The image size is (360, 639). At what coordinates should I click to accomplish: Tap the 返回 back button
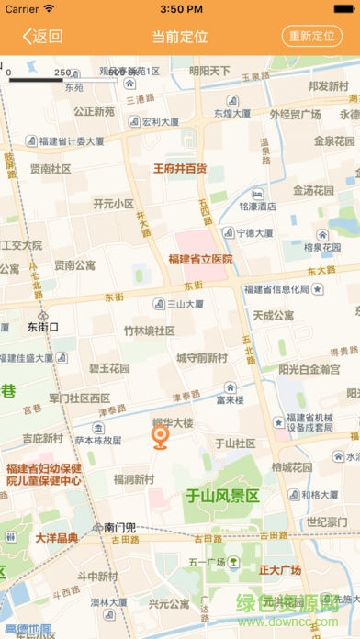pyautogui.click(x=42, y=37)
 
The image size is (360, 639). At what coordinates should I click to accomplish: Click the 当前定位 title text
pyautogui.click(x=180, y=37)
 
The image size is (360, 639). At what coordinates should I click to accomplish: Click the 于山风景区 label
pyautogui.click(x=223, y=497)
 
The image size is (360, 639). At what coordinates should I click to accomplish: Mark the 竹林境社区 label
pyautogui.click(x=150, y=331)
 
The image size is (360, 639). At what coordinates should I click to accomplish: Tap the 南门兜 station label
pyautogui.click(x=119, y=528)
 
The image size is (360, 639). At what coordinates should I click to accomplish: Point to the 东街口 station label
pyautogui.click(x=42, y=326)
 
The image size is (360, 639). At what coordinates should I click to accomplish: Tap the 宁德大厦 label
pyautogui.click(x=257, y=232)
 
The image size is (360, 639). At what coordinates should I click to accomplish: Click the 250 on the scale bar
pyautogui.click(x=63, y=72)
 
